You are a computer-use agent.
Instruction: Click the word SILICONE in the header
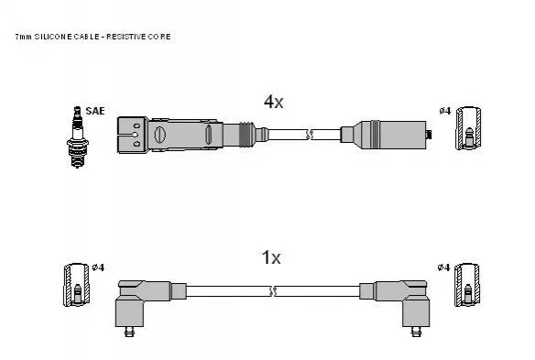(x=53, y=37)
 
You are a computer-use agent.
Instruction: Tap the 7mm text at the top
(x=24, y=37)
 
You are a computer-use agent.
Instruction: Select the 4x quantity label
(x=273, y=102)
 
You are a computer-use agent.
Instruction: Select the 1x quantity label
(x=271, y=257)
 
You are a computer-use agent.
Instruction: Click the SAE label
(x=95, y=111)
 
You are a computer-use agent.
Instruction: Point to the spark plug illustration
(x=78, y=136)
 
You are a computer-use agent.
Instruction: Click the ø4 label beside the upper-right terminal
(x=445, y=111)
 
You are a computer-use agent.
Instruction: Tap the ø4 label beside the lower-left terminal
(x=98, y=267)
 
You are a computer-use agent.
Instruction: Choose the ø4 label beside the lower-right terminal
(x=443, y=267)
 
